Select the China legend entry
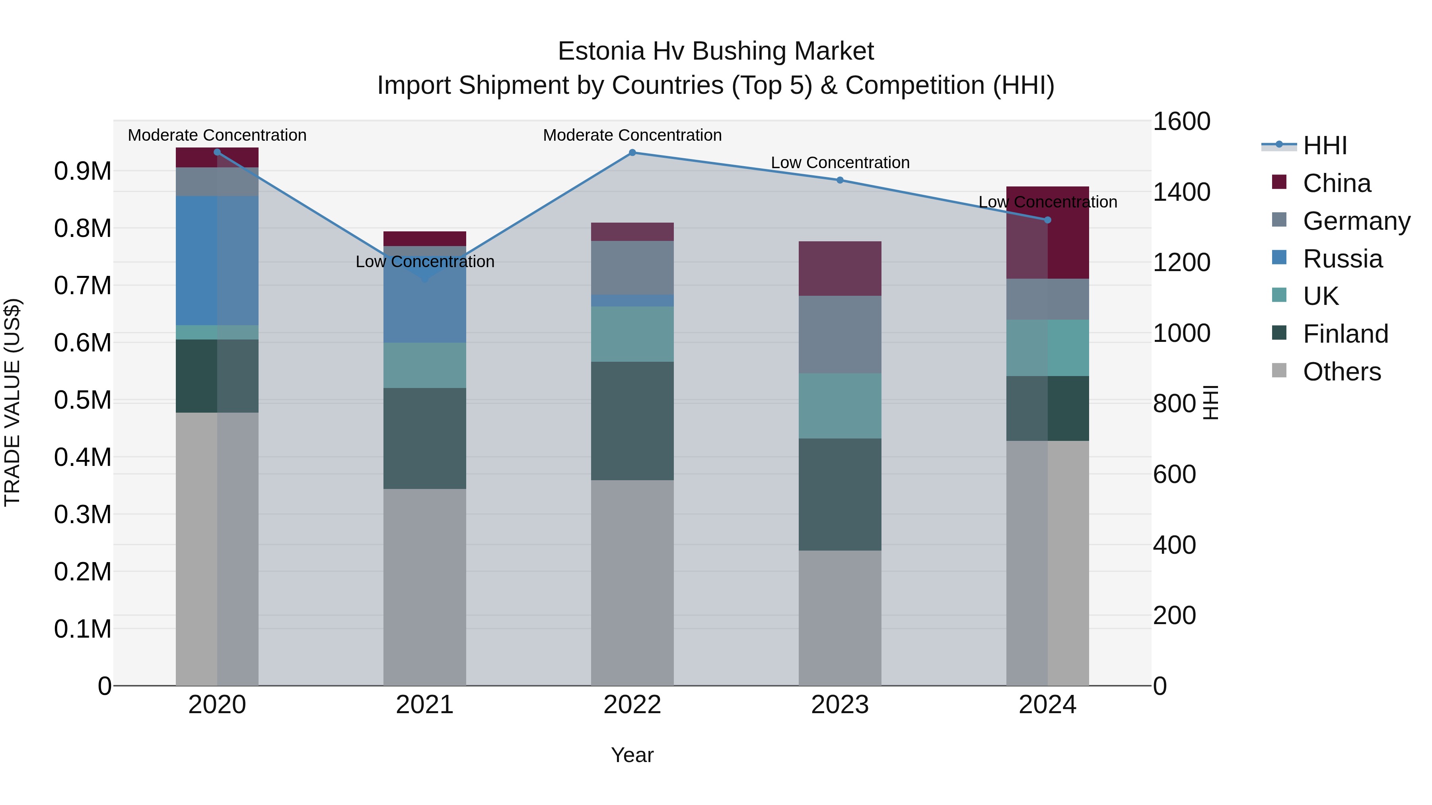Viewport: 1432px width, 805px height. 1337,183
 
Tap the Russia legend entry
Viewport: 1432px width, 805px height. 1342,259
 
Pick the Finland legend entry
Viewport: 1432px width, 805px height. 1345,334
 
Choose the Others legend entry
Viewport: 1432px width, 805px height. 1341,372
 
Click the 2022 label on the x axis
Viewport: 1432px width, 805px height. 632,704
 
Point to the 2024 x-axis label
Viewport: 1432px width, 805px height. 1047,704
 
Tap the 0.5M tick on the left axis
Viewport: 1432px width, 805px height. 83,400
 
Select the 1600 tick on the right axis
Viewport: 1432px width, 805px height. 1181,122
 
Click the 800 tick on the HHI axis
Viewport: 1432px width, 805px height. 1174,404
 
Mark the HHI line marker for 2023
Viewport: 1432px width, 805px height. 840,180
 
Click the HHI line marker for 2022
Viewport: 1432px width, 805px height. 632,152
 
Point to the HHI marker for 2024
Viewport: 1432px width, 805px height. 1047,220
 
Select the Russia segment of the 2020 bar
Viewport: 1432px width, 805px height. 217,260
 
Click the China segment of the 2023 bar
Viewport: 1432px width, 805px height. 840,268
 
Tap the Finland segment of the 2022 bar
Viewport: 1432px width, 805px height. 632,421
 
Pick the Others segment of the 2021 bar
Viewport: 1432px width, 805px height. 425,587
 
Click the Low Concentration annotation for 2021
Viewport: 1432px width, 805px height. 425,262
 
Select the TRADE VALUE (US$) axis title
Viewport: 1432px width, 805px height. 12,402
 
